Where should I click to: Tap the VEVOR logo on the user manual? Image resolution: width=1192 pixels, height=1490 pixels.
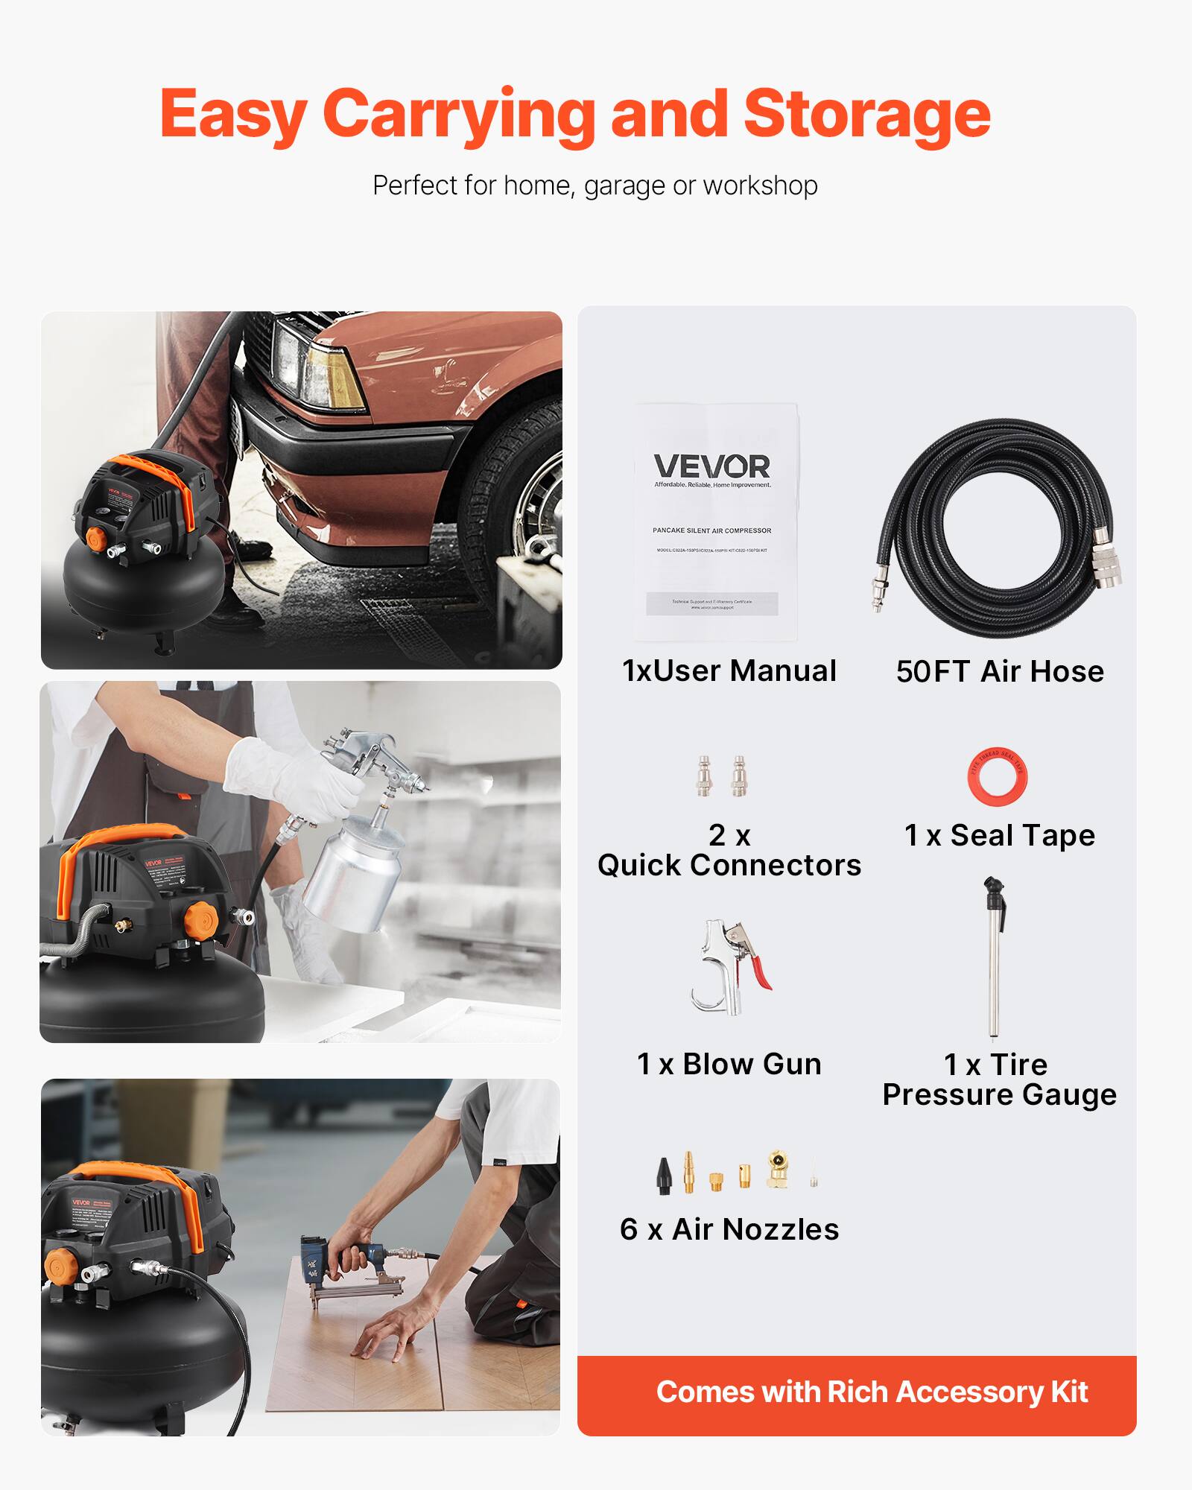pos(711,467)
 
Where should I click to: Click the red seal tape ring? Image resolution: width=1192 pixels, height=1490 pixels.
pos(997,776)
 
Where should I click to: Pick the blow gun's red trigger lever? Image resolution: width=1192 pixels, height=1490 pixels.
pos(760,968)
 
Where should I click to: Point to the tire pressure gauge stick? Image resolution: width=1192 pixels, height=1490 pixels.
pos(993,968)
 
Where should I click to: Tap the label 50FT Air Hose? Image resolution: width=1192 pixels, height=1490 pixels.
pos(1000,671)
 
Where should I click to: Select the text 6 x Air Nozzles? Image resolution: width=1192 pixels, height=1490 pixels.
pos(729,1230)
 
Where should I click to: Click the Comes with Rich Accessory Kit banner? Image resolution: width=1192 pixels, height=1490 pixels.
pos(857,1392)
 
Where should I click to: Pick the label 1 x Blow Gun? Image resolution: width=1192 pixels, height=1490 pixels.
pos(729,1064)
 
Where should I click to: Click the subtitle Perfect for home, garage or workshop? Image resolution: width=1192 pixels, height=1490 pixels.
pos(595,186)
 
